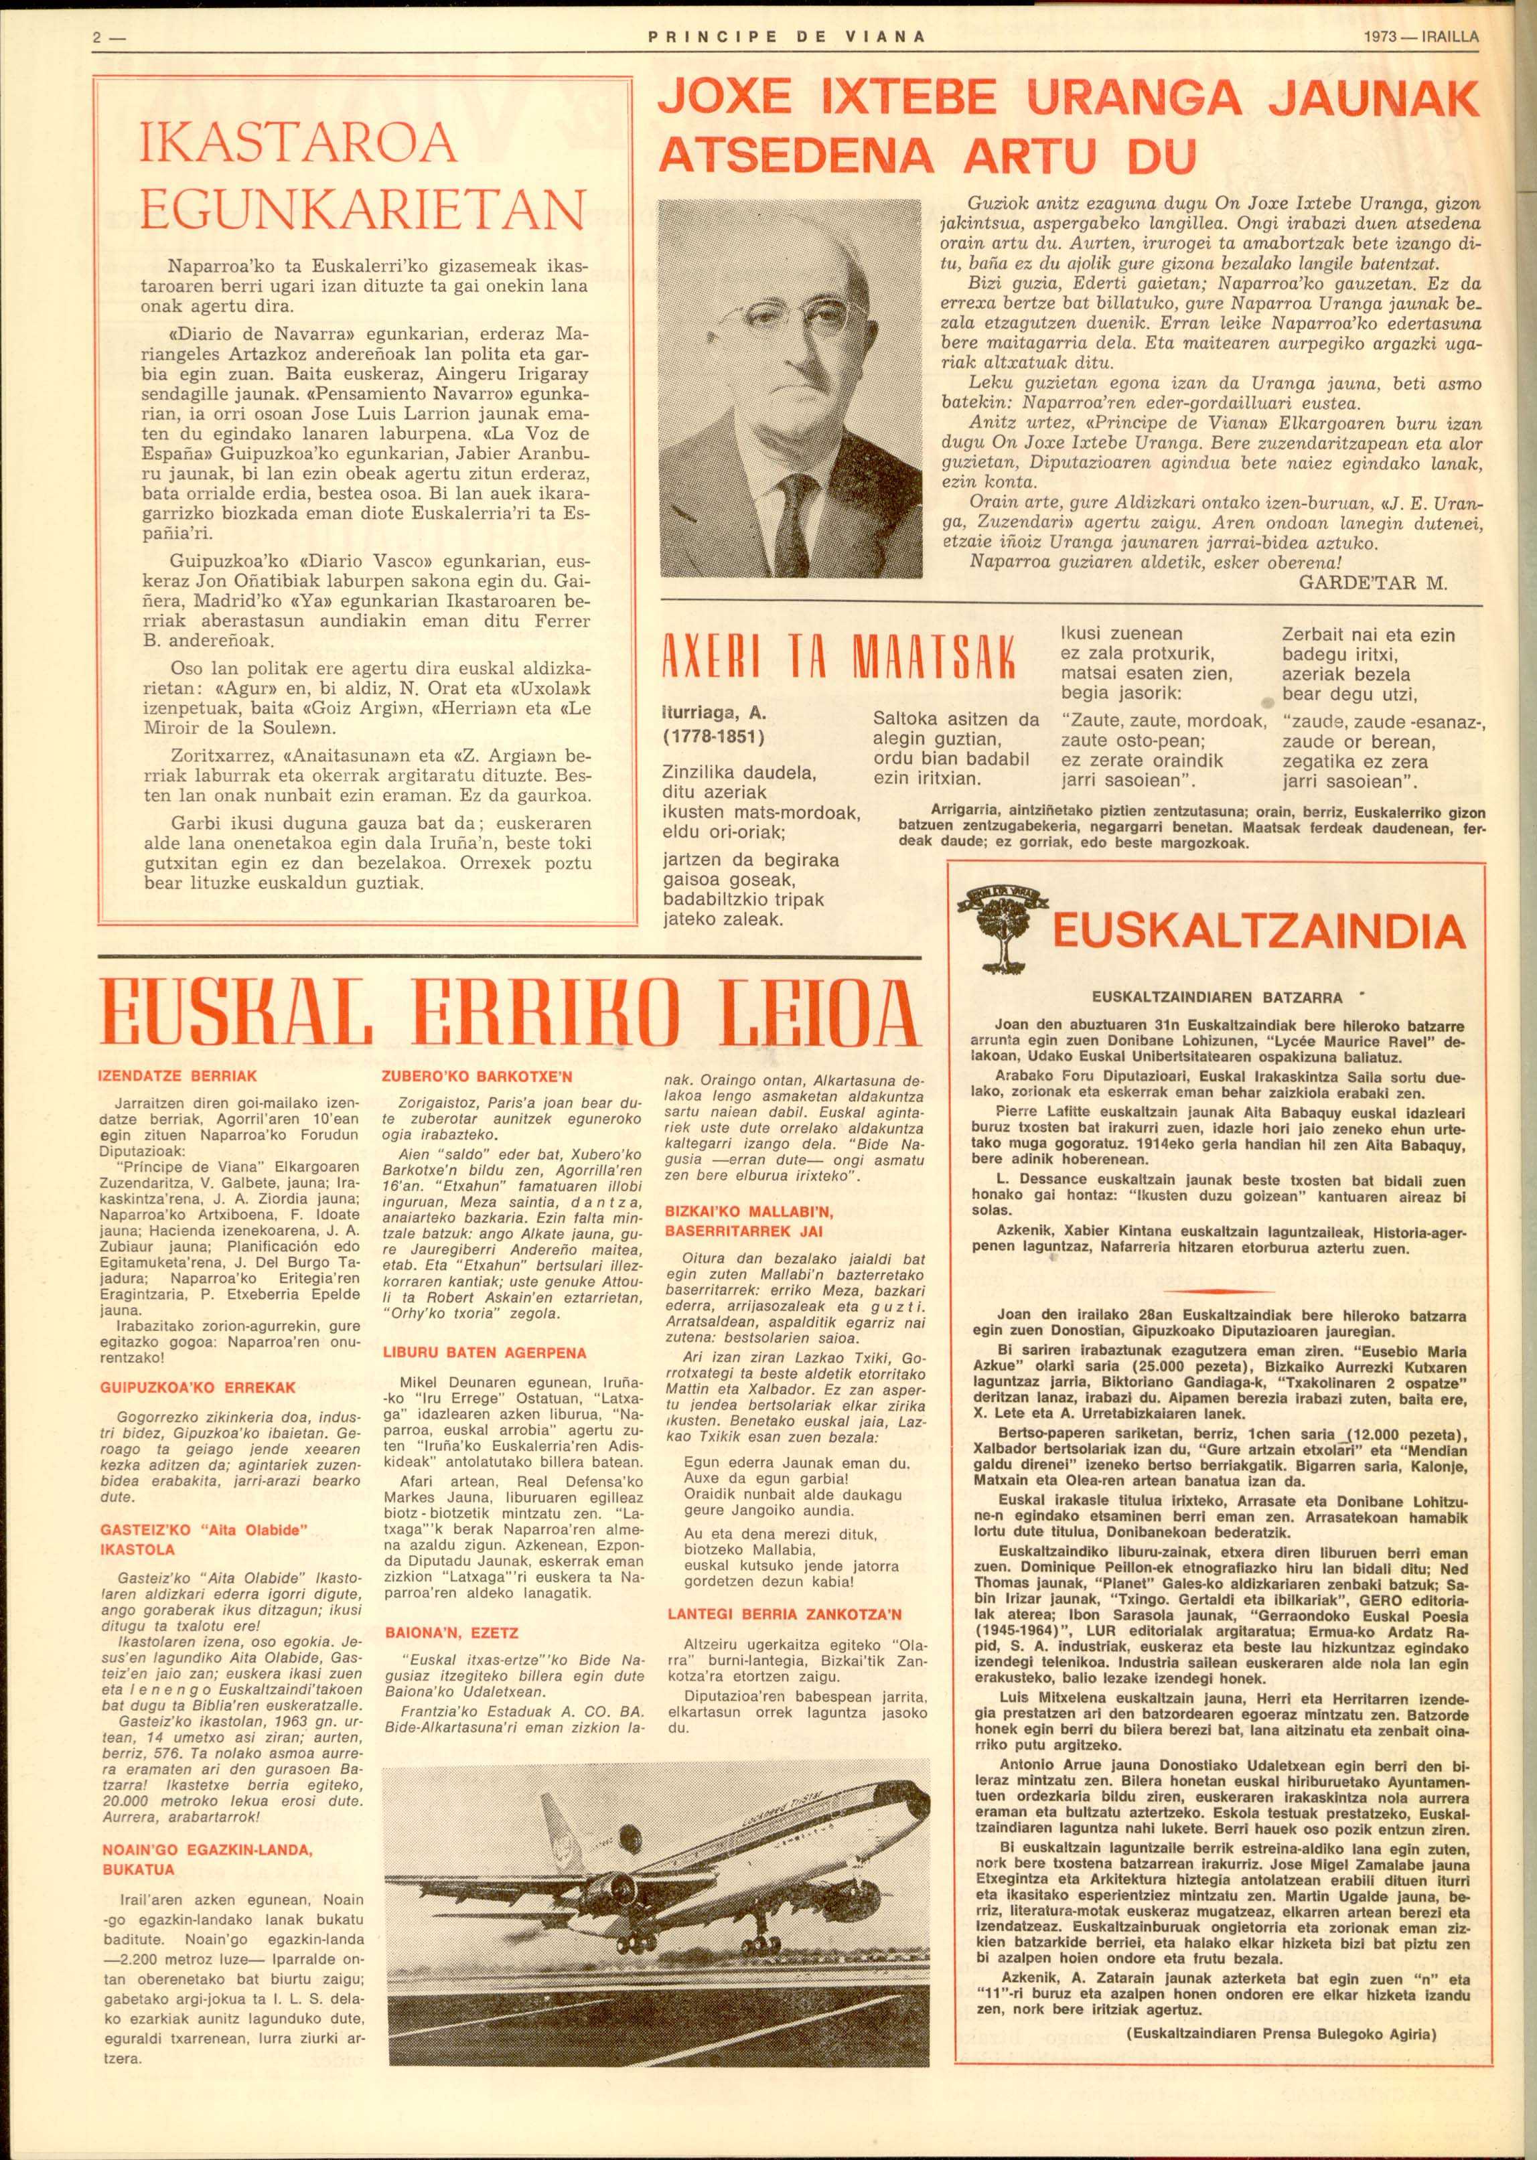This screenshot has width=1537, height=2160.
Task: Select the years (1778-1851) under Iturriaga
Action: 714,736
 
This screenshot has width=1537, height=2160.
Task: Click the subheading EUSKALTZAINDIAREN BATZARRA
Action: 1216,997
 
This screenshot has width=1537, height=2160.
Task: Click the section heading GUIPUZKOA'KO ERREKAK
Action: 198,1387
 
